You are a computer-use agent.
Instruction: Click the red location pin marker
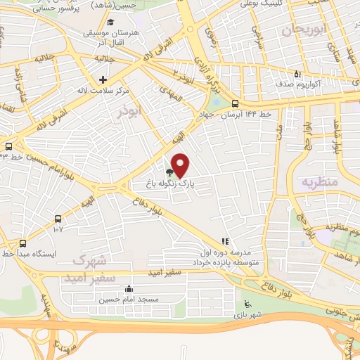pyautogui.click(x=181, y=165)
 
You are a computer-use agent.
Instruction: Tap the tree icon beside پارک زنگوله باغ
pyautogui.click(x=169, y=171)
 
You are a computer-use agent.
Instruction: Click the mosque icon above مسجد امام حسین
pyautogui.click(x=129, y=288)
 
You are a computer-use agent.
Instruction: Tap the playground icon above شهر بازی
pyautogui.click(x=246, y=304)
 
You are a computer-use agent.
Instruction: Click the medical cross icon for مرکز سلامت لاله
pyautogui.click(x=103, y=79)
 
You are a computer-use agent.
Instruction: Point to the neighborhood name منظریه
pyautogui.click(x=320, y=181)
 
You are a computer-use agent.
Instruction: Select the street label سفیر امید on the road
pyautogui.click(x=166, y=272)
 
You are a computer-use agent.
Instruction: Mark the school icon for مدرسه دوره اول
pyautogui.click(x=225, y=240)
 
